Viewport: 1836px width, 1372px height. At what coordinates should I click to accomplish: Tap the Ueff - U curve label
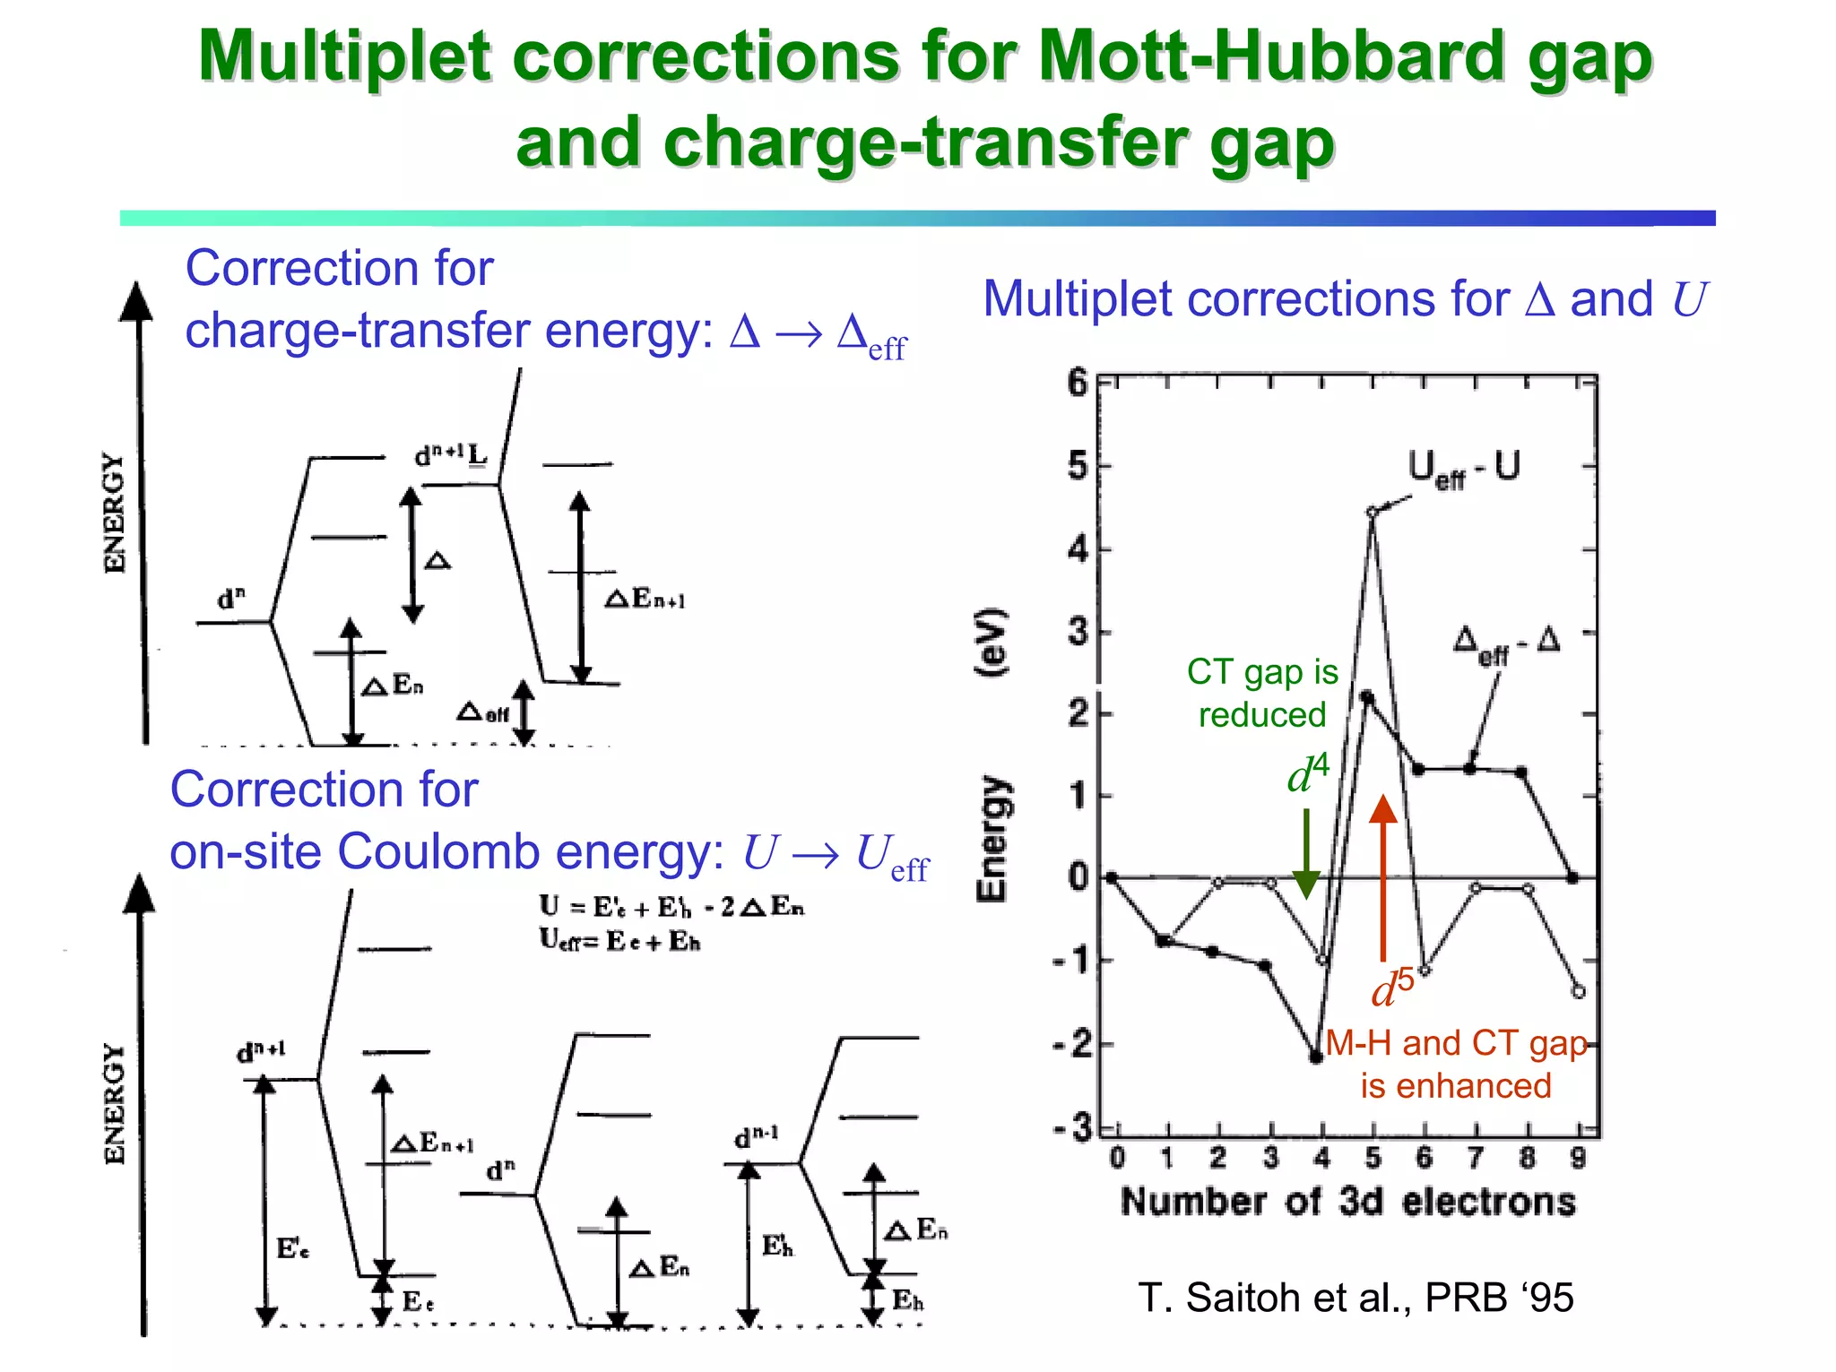click(1463, 469)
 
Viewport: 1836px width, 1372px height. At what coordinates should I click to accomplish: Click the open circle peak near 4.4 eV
click(1372, 513)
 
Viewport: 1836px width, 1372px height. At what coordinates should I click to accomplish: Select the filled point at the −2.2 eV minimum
click(1316, 1057)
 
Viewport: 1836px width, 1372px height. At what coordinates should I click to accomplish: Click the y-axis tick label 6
click(1077, 384)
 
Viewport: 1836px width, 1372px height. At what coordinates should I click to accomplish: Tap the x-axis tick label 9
click(1578, 1158)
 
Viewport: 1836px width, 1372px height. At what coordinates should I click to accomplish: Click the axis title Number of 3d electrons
click(1347, 1202)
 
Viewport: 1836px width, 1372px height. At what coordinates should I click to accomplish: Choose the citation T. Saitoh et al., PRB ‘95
click(1355, 1298)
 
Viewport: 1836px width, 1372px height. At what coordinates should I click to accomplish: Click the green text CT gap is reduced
click(1262, 693)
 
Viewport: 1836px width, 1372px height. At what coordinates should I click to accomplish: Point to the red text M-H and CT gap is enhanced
click(1456, 1065)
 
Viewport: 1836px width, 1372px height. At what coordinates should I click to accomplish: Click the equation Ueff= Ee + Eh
click(619, 941)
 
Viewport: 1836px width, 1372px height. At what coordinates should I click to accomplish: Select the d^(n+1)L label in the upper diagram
click(450, 455)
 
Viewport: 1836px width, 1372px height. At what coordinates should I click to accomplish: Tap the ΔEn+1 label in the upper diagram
click(645, 599)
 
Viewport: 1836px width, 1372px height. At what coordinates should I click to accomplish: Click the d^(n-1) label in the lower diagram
click(756, 1138)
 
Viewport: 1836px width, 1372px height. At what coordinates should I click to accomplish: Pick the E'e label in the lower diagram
click(292, 1248)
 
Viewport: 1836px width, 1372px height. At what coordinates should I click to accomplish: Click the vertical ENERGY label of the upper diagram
click(115, 513)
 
